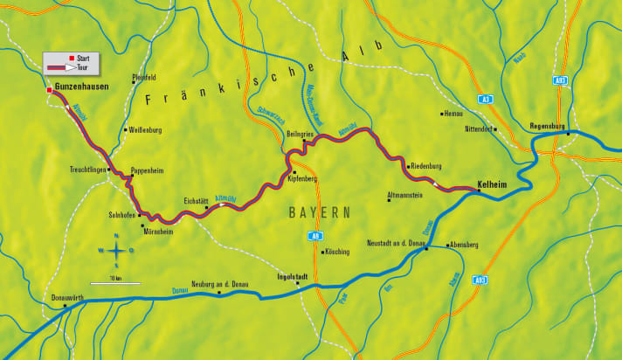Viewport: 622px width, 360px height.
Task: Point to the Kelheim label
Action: tap(494, 184)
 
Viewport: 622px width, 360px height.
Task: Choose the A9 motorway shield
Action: tap(314, 236)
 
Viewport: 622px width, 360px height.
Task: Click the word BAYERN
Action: tap(320, 212)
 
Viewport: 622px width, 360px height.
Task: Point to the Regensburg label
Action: tap(549, 126)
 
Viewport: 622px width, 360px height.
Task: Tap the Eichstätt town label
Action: tap(195, 200)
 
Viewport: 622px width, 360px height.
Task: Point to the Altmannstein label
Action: tap(404, 195)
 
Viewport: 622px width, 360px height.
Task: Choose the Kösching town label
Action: tap(336, 252)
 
